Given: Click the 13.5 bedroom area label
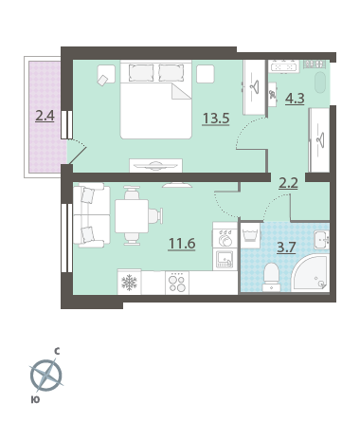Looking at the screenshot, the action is point(216,119).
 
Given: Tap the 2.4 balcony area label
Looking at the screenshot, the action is point(45,116).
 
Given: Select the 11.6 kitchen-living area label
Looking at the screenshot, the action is point(182,244).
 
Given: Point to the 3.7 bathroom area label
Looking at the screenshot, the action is point(286,248).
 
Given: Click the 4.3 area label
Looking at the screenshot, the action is point(295,99).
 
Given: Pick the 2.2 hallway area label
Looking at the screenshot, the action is point(288,183).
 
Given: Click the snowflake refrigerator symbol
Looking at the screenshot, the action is point(129,283).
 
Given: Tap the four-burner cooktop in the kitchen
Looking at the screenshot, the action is point(177,283).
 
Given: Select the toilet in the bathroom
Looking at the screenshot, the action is point(271,277).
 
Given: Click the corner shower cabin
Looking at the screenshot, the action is point(310,274).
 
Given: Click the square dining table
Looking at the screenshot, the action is point(132,216).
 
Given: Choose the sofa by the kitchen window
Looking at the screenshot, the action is point(91,215).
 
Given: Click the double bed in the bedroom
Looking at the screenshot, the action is point(156,100).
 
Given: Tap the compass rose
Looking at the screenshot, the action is point(46,376).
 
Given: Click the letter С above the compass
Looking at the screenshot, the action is point(57,351).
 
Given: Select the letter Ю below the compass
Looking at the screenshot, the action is point(36,400).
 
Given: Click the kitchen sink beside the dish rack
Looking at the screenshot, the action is point(225,259).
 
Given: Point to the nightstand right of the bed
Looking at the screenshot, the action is point(206,74).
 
